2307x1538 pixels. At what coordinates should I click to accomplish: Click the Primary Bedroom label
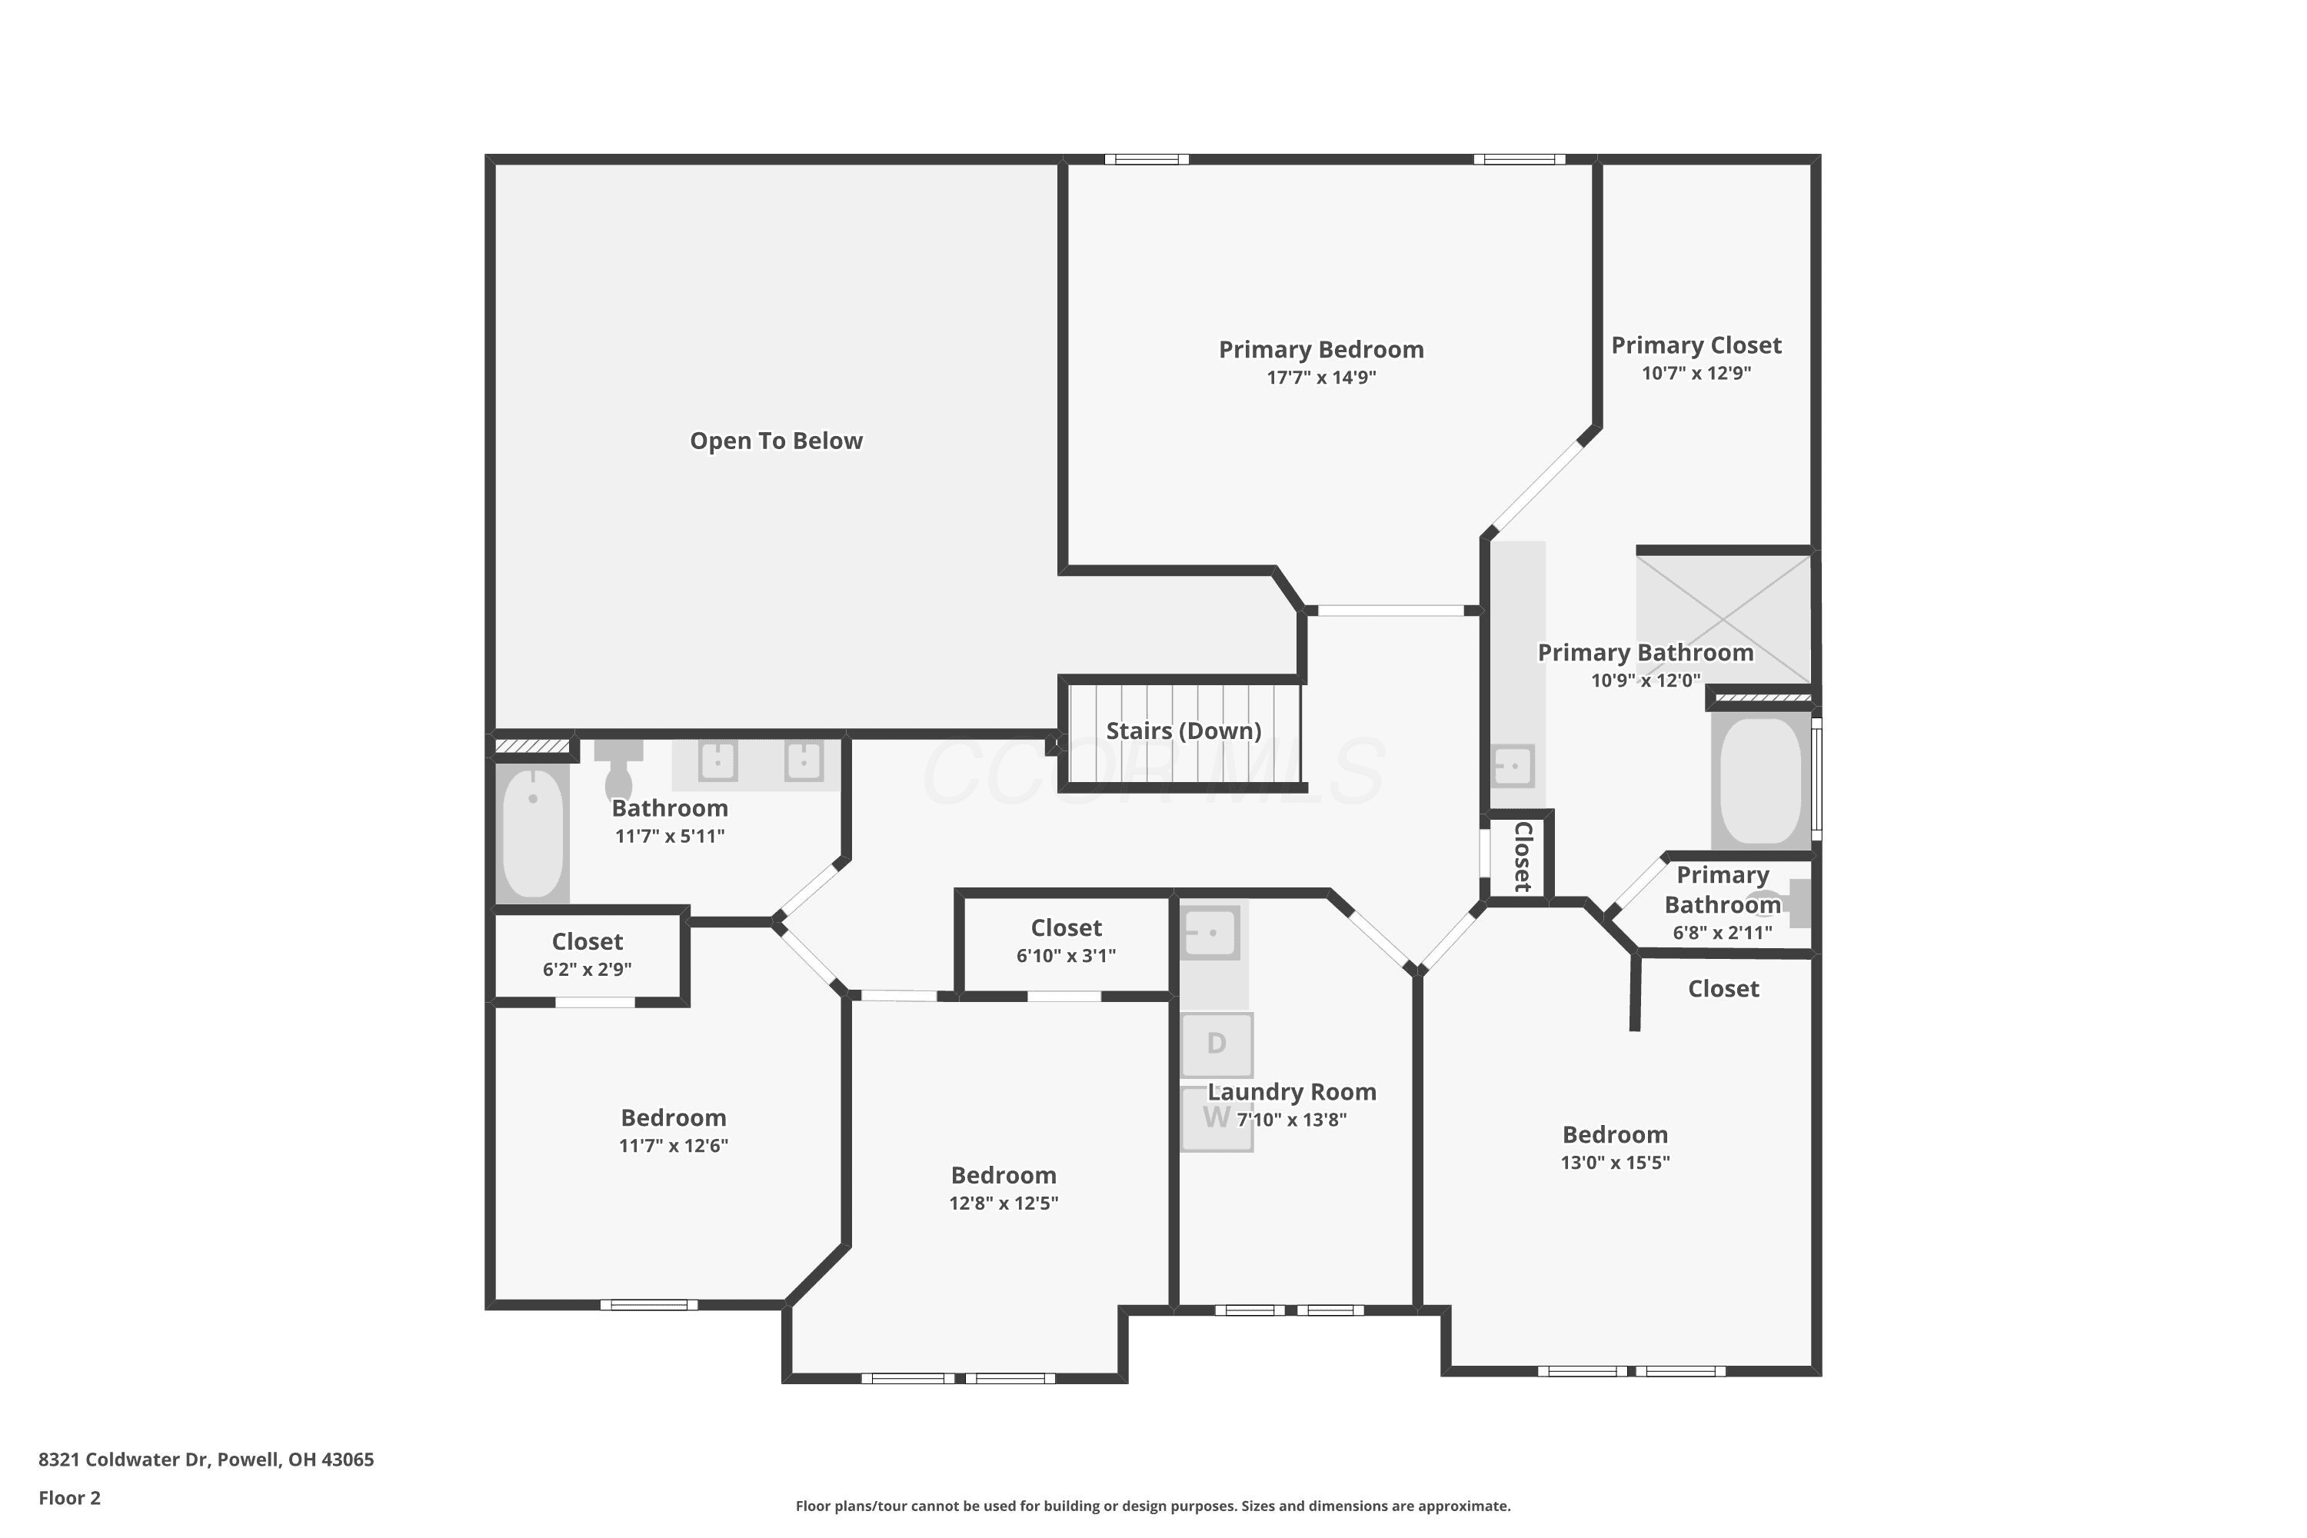pyautogui.click(x=1321, y=349)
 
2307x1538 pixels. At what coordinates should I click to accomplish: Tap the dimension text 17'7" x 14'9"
pyautogui.click(x=1321, y=378)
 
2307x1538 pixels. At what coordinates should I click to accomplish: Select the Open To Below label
pyautogui.click(x=776, y=441)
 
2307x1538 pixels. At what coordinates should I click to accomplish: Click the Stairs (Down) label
pyautogui.click(x=1184, y=731)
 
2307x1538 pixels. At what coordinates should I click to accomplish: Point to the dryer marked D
pyautogui.click(x=1217, y=1044)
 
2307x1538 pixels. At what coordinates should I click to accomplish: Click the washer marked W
pyautogui.click(x=1217, y=1118)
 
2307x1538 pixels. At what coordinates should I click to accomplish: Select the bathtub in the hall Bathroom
pyautogui.click(x=533, y=834)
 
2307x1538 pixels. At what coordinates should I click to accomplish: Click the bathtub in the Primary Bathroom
pyautogui.click(x=1762, y=781)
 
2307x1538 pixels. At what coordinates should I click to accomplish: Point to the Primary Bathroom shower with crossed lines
pyautogui.click(x=1723, y=619)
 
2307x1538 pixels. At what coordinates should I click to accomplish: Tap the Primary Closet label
pyautogui.click(x=1696, y=345)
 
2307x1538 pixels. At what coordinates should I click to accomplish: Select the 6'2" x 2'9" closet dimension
pyautogui.click(x=588, y=969)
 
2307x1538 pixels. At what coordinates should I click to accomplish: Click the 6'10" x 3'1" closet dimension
pyautogui.click(x=1066, y=955)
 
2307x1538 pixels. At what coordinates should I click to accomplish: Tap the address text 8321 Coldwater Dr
pyautogui.click(x=124, y=1459)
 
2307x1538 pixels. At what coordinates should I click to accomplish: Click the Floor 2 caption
pyautogui.click(x=70, y=1498)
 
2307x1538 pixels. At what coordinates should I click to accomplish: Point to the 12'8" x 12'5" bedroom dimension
pyautogui.click(x=1004, y=1203)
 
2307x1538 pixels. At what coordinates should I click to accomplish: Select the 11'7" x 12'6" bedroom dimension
pyautogui.click(x=674, y=1146)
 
